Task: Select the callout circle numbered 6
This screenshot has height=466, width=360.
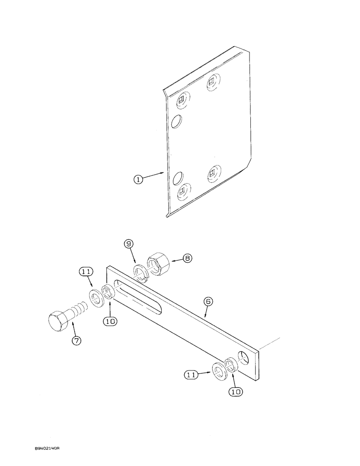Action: (x=208, y=302)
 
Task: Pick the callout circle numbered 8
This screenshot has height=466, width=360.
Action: (x=187, y=257)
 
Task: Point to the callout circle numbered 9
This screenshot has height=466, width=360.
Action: (x=128, y=243)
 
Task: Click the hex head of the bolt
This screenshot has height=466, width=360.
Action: (x=58, y=321)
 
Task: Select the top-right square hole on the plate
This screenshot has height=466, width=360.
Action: (x=213, y=81)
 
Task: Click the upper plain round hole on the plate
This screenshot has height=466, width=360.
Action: (x=176, y=122)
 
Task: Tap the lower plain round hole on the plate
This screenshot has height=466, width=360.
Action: (x=177, y=179)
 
